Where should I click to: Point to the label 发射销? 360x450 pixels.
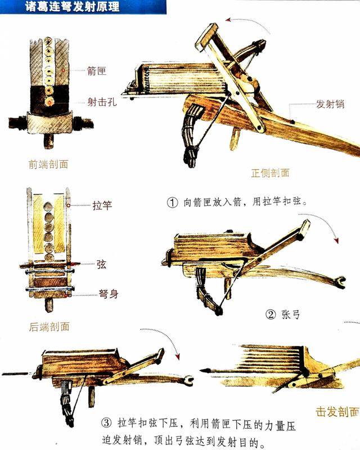coord(328,105)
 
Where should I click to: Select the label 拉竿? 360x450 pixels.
coord(102,205)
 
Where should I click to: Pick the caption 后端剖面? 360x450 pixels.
coord(49,327)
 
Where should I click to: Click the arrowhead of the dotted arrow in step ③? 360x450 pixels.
coord(178,357)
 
